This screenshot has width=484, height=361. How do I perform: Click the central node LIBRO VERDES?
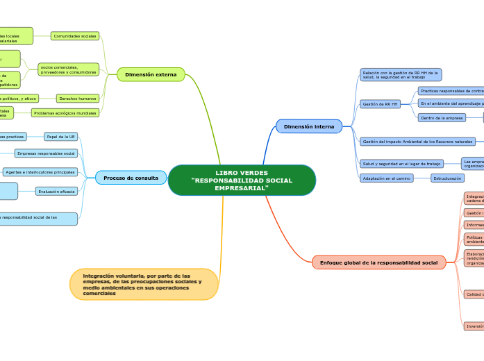[242, 180]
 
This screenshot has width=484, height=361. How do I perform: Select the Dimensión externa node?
[151, 74]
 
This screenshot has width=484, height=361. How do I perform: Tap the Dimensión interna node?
[309, 126]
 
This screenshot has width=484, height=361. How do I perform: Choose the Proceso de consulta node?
[131, 178]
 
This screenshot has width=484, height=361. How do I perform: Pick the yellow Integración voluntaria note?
[144, 285]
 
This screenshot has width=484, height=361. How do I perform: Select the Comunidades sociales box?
[75, 36]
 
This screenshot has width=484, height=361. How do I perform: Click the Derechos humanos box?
[78, 99]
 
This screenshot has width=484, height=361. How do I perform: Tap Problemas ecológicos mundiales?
[65, 112]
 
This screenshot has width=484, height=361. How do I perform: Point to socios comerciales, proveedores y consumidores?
[68, 70]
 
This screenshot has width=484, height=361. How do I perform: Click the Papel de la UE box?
[60, 137]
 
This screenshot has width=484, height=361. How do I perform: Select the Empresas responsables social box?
[46, 153]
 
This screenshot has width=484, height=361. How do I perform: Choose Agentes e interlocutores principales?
[40, 171]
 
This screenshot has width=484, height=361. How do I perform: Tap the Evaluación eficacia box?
[57, 191]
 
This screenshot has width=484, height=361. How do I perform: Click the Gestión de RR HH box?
[380, 104]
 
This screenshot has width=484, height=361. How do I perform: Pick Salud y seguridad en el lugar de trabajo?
[401, 164]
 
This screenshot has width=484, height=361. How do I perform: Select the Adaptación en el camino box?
[386, 178]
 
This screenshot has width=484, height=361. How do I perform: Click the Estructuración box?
[448, 178]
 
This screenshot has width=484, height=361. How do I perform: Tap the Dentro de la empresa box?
[442, 118]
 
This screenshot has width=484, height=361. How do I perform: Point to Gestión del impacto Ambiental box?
[417, 142]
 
